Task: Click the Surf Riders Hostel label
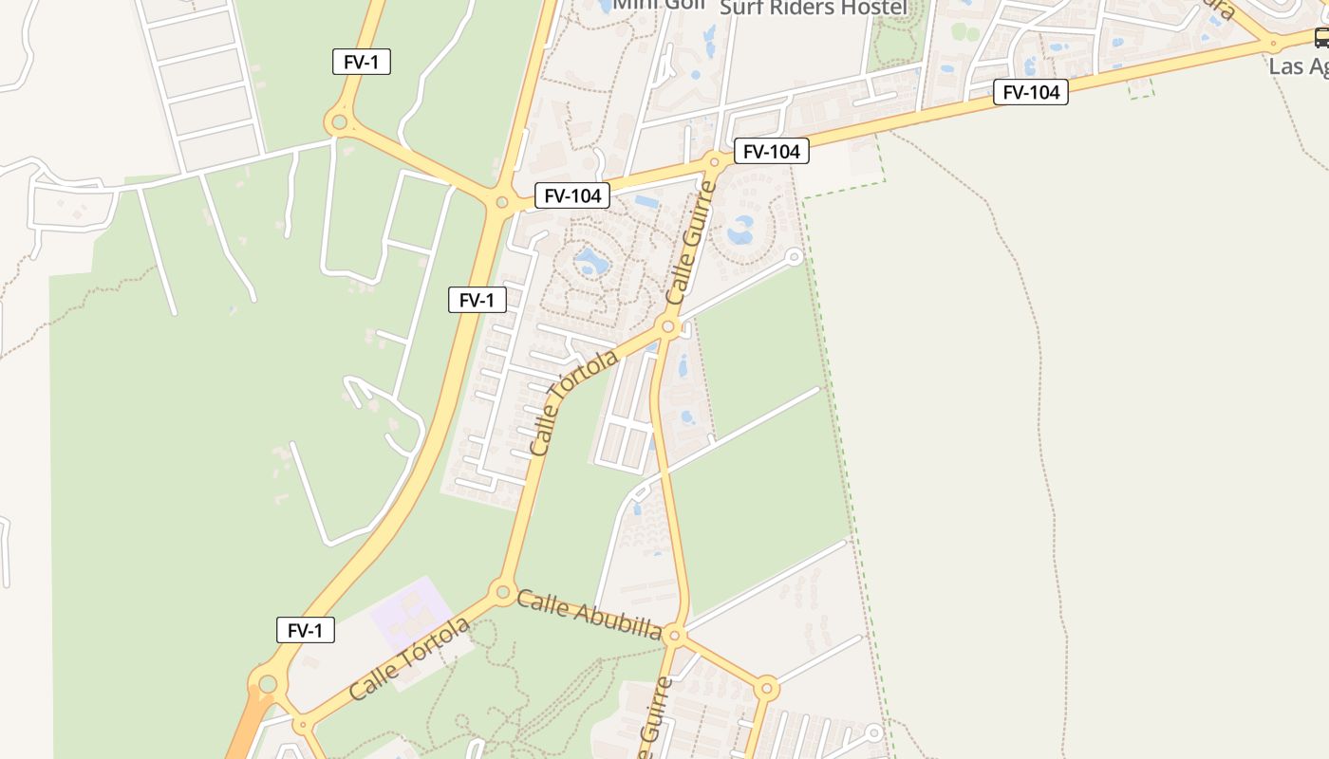coord(814,8)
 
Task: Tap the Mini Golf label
coord(659,4)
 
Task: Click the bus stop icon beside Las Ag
coord(1321,38)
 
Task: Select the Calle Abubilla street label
coord(589,614)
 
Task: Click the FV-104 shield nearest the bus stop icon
coord(1030,92)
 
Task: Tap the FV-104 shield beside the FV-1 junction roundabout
coord(571,195)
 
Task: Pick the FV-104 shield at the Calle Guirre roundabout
coord(771,150)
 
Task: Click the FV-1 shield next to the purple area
coord(306,630)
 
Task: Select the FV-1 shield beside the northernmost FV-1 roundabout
coord(362,63)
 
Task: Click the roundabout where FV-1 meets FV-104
coord(502,201)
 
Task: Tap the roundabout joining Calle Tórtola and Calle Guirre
coord(668,327)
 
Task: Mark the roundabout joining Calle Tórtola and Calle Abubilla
coord(502,592)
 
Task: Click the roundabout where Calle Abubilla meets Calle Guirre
coord(674,635)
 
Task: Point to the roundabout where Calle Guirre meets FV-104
coord(715,162)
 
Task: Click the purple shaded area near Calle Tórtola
coord(410,612)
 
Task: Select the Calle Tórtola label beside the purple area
coord(409,659)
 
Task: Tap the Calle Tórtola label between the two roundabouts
coord(573,402)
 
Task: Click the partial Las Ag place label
coord(1299,66)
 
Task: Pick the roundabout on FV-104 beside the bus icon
coord(1273,43)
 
